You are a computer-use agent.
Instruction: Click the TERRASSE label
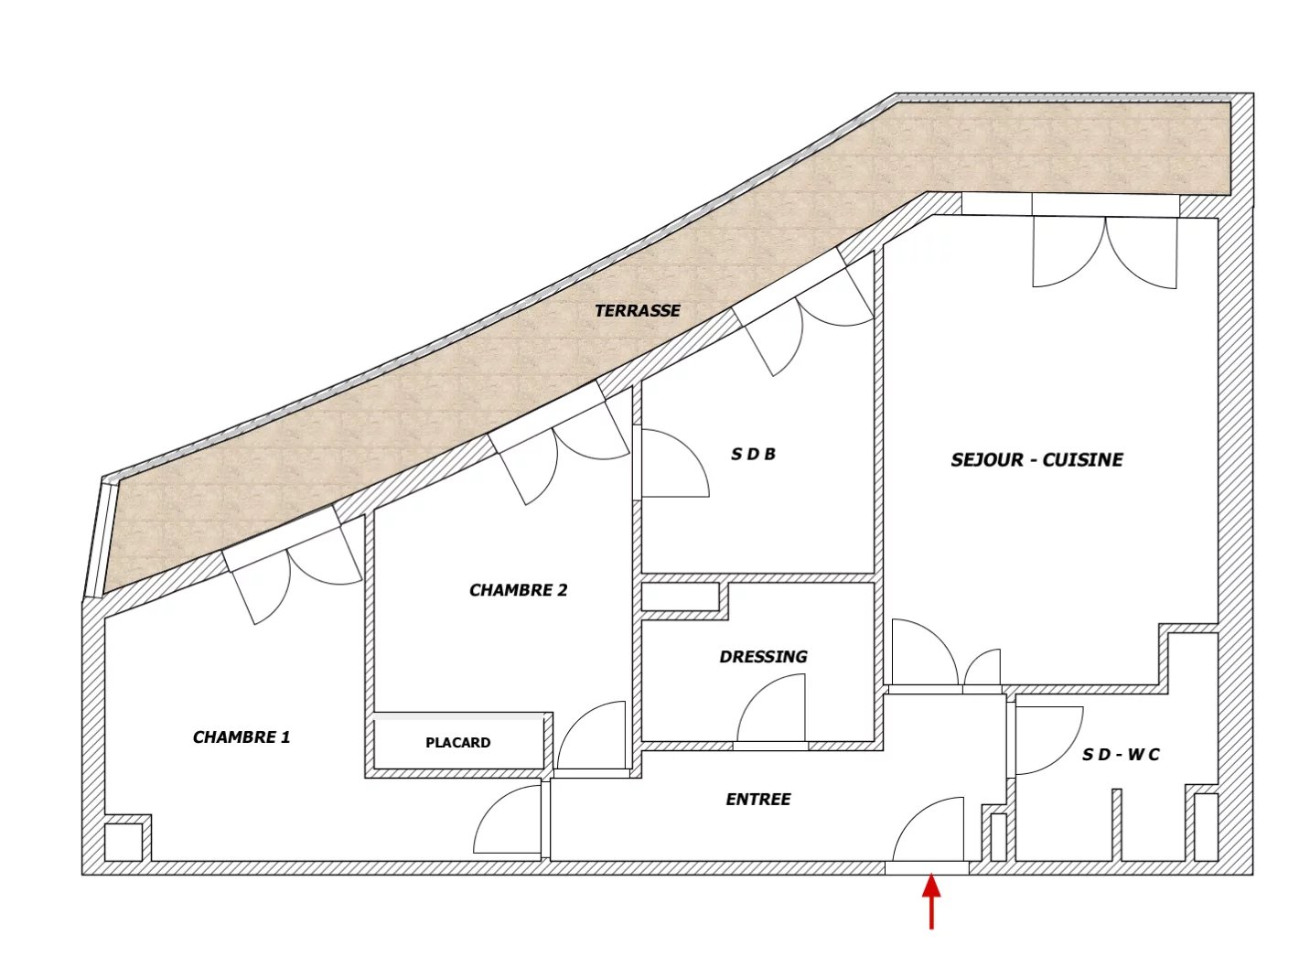[638, 311]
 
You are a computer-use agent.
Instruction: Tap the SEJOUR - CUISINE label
[1036, 460]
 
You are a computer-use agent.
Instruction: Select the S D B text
[753, 454]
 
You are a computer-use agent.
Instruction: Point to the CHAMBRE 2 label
[518, 590]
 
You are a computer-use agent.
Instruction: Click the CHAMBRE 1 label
[242, 737]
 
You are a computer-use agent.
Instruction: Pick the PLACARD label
[458, 743]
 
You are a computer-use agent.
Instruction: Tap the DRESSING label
[763, 657]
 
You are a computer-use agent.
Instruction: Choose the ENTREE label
[758, 800]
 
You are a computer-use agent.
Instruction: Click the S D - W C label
[1121, 755]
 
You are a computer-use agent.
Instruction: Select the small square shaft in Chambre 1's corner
[123, 843]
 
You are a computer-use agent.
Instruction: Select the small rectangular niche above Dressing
[680, 597]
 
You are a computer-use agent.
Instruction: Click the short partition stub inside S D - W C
[1116, 825]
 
